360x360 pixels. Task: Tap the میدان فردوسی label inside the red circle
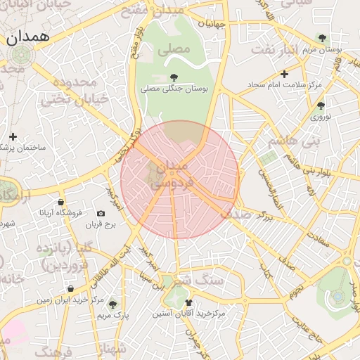click(169, 176)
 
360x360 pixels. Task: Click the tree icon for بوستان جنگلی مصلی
click(174, 77)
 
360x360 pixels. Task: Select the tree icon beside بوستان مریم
click(322, 38)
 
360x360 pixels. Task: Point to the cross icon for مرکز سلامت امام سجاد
click(284, 73)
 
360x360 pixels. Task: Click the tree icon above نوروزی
click(321, 105)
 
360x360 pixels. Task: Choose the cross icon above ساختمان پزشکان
click(13, 136)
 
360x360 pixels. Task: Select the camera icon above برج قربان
click(101, 213)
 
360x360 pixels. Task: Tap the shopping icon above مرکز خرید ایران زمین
click(70, 288)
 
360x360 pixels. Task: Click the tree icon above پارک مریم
click(112, 304)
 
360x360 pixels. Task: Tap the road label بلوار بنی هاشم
click(307, 169)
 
